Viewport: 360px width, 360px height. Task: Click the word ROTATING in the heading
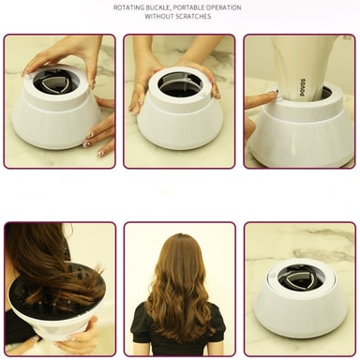130,7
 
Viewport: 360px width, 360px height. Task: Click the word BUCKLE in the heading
160,7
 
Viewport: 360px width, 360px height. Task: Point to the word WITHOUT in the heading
162,16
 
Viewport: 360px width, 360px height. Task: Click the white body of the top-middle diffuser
178,127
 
